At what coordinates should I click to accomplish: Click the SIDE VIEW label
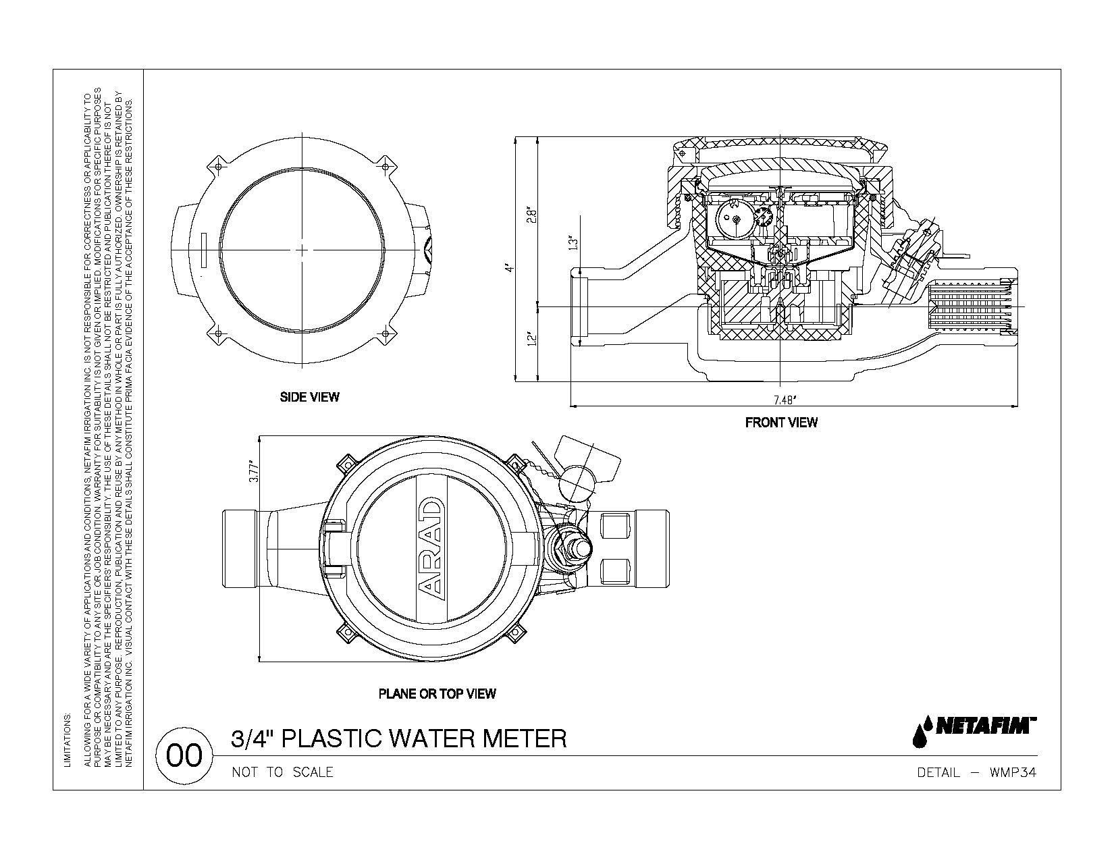pyautogui.click(x=309, y=397)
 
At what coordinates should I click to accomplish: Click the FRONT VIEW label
pyautogui.click(x=781, y=423)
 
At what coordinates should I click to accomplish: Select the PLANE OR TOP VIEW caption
pyautogui.click(x=437, y=693)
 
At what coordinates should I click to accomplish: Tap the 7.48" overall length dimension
pyautogui.click(x=784, y=400)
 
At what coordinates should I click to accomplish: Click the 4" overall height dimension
pyautogui.click(x=510, y=267)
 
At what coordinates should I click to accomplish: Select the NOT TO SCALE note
pyautogui.click(x=282, y=772)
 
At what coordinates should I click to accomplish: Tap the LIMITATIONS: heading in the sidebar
pyautogui.click(x=66, y=740)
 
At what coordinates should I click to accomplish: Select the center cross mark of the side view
pyautogui.click(x=302, y=250)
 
